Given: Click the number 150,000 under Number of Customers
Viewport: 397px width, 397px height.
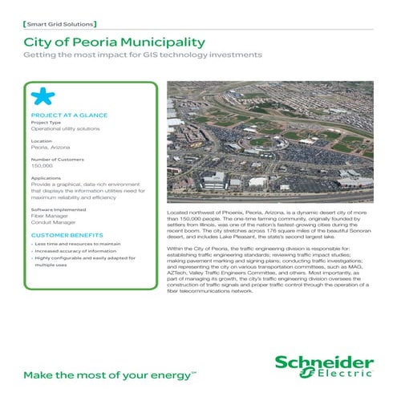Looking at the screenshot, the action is pyautogui.click(x=41, y=164).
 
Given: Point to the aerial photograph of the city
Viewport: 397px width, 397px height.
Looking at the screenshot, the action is pyautogui.click(x=269, y=140).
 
